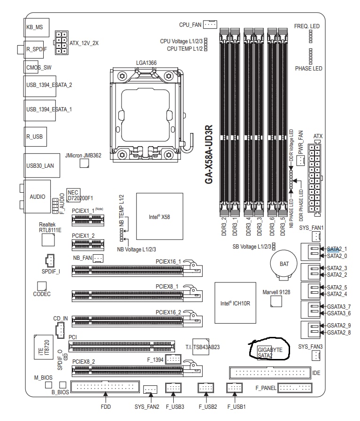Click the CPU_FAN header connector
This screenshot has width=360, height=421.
point(210,24)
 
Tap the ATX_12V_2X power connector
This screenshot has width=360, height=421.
point(61,43)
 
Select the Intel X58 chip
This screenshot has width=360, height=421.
point(160,216)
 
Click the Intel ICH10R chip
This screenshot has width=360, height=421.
point(235,303)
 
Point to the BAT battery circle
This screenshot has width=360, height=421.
point(284,264)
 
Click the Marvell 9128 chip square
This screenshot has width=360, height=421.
point(276,302)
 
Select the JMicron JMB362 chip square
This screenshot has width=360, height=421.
point(84,163)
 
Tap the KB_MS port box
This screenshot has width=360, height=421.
point(37,27)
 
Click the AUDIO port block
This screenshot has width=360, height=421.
point(37,196)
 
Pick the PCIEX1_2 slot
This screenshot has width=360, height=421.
point(88,244)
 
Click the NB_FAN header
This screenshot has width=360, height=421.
point(98,258)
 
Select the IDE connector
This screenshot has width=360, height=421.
point(270,373)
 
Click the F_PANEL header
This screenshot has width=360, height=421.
point(295,388)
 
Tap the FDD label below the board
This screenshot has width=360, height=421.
point(106,407)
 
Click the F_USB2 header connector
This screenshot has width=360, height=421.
point(206,388)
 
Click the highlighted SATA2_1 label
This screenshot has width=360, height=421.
point(337,249)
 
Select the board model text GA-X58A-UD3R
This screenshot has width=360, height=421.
point(209,155)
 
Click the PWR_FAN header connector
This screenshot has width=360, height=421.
point(300,161)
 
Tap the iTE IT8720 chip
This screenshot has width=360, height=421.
point(44,347)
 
